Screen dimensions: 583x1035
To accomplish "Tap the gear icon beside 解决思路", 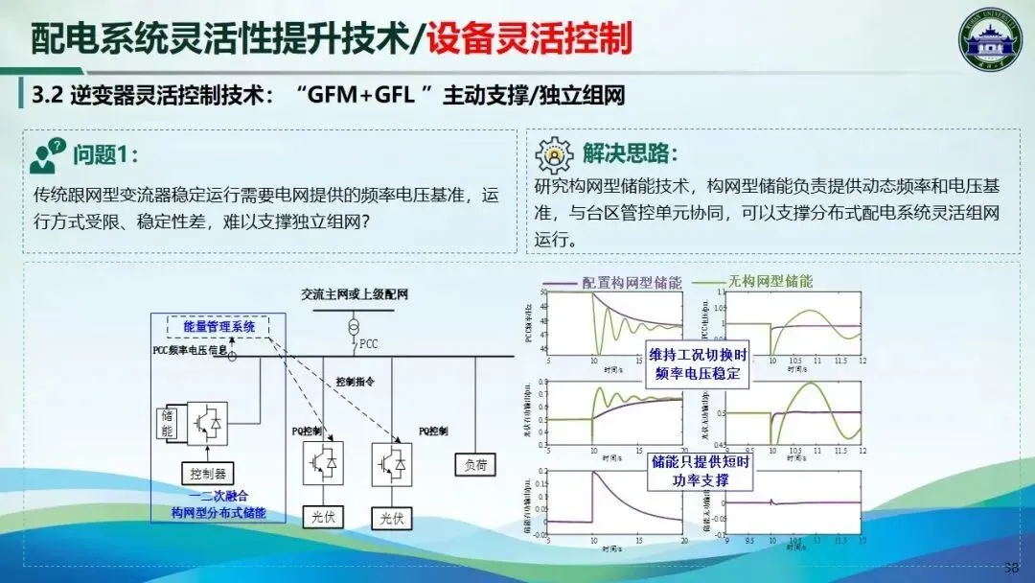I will [x=553, y=154].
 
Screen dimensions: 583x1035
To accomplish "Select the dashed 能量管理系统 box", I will [x=219, y=327].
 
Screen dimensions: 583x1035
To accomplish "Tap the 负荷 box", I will [x=475, y=464].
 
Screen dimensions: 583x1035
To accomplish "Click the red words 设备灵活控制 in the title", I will [x=529, y=38].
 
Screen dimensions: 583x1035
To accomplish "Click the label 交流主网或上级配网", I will [x=354, y=294].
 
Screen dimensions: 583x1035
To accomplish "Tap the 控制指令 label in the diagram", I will [x=355, y=381].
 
